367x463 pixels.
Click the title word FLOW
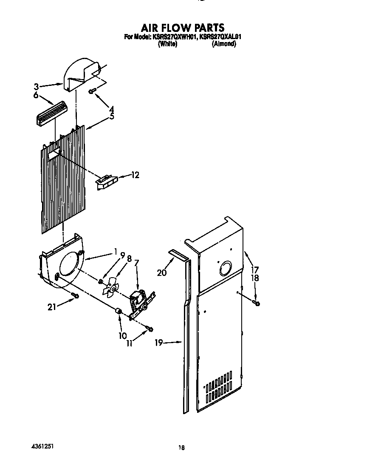pyautogui.click(x=183, y=28)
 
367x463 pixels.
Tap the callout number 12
pyautogui.click(x=135, y=175)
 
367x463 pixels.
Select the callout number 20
pyautogui.click(x=162, y=273)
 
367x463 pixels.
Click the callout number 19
pyautogui.click(x=159, y=343)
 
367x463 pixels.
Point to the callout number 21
pyautogui.click(x=52, y=307)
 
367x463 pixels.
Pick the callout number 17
pyautogui.click(x=255, y=270)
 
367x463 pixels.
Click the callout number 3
pyautogui.click(x=37, y=87)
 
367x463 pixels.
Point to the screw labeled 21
pyautogui.click(x=75, y=295)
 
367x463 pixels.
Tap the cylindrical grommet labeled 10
pyautogui.click(x=119, y=313)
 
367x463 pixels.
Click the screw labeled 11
pyautogui.click(x=150, y=328)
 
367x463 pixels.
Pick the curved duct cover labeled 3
pyautogui.click(x=81, y=75)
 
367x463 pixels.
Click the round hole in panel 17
pyautogui.click(x=225, y=270)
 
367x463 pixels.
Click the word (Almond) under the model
pyautogui.click(x=224, y=44)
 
